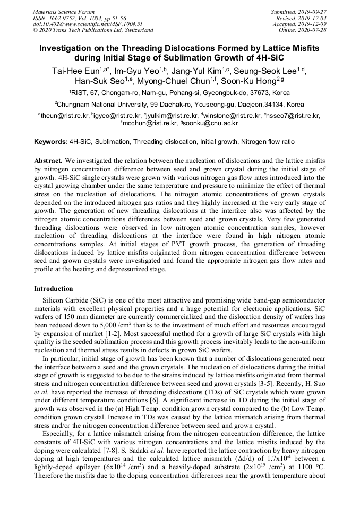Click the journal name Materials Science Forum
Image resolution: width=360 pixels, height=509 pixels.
click(64, 12)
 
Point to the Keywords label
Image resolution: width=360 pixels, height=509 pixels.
click(51, 142)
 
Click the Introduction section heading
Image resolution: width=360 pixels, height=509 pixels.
click(54, 289)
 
